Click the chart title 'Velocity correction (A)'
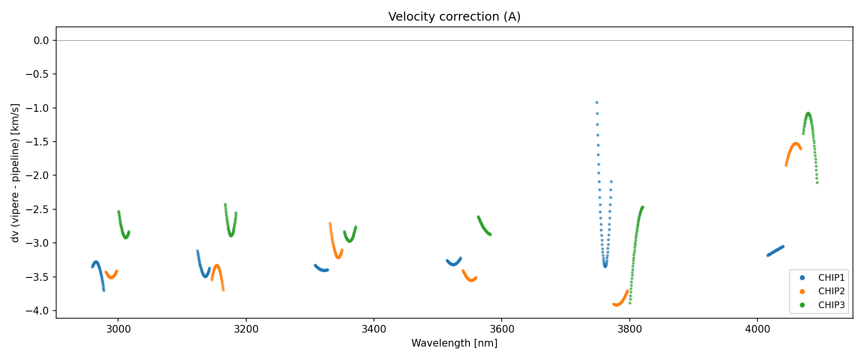pos(454,17)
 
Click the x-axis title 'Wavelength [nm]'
pos(454,343)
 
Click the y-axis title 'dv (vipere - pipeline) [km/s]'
pos(15,173)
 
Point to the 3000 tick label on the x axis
pos(118,329)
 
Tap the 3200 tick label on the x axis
pos(246,329)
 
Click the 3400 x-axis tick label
pos(373,329)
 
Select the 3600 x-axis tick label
pos(501,329)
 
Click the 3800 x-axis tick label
pos(629,329)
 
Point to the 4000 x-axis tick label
pos(757,329)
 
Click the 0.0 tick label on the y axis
pos(41,40)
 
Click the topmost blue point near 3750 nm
pos(597,102)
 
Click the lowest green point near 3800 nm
pos(630,303)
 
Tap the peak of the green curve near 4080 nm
pos(808,113)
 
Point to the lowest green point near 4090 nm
pos(817,182)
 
